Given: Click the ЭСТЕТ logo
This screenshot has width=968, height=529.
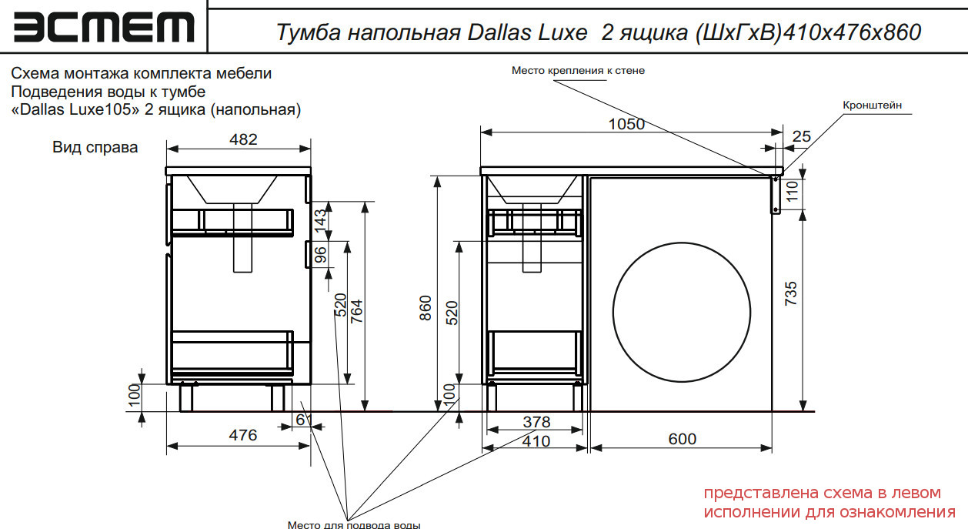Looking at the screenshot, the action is tap(104, 27).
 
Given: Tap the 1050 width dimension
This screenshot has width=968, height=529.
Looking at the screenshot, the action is tap(626, 125).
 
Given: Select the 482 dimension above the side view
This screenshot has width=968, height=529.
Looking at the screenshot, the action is tap(243, 139).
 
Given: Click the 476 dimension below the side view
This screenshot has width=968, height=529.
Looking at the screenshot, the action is tap(243, 435).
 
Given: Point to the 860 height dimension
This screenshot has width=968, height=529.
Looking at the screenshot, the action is tap(426, 308).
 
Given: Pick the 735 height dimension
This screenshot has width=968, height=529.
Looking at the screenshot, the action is tap(791, 293).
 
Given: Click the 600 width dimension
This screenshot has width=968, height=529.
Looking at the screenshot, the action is tap(683, 439).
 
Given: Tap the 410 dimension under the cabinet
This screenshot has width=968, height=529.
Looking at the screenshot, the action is tap(536, 442).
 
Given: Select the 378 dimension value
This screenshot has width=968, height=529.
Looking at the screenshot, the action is tap(536, 422).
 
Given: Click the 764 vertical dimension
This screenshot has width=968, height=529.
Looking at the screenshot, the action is tap(356, 311).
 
